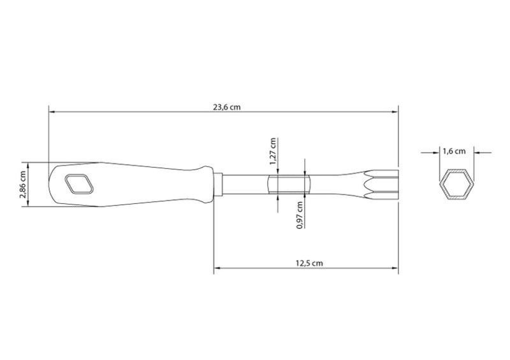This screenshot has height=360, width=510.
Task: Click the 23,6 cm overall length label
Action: pos(227,107)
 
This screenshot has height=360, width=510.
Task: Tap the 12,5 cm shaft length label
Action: pos(309,263)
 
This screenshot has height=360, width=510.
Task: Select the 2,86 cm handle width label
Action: pos(23,184)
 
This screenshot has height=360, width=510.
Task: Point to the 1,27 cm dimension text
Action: pos(273,151)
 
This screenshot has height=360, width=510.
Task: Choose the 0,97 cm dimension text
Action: pos(300,215)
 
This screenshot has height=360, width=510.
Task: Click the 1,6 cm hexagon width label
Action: pos(454,151)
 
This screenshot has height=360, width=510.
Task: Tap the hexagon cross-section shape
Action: pos(455,185)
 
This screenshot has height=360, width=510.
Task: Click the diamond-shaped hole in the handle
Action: pos(79,184)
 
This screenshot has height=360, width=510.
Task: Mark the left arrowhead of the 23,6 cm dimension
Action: pos(52,112)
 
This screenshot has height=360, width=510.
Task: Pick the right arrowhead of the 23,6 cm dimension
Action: pos(395,112)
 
